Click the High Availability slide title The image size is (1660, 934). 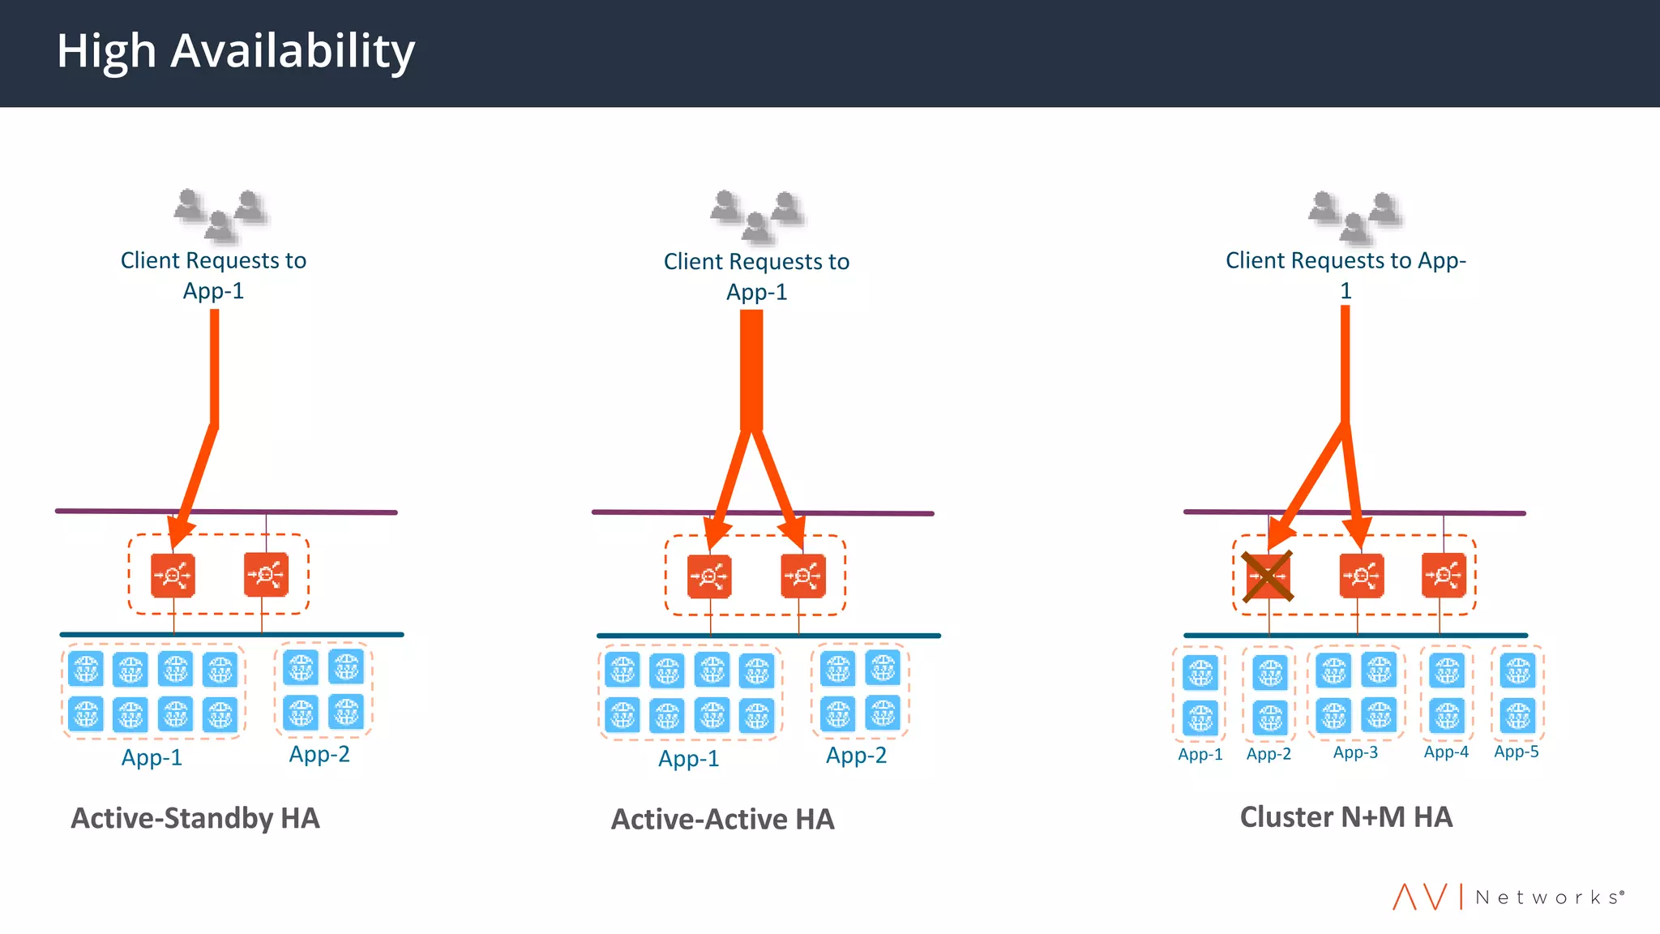(x=235, y=52)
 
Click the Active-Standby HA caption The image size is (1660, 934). (x=195, y=818)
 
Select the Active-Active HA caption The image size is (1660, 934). (x=722, y=819)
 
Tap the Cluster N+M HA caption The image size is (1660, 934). (x=1346, y=816)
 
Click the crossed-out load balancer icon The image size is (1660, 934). (x=1268, y=576)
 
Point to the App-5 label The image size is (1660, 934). (x=1516, y=752)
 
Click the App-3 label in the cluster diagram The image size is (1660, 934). (x=1355, y=752)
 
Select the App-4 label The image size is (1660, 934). (x=1446, y=752)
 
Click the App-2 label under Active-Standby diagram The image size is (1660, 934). (x=319, y=754)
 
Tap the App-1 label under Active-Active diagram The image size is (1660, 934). (x=688, y=759)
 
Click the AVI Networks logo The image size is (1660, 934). (x=1508, y=897)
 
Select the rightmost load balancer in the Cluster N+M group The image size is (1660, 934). (x=1444, y=576)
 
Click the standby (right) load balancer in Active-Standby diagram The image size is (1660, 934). (x=266, y=575)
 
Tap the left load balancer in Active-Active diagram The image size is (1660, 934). (x=709, y=576)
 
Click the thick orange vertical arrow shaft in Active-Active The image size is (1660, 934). (x=751, y=369)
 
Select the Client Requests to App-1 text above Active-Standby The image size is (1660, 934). (x=213, y=275)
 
